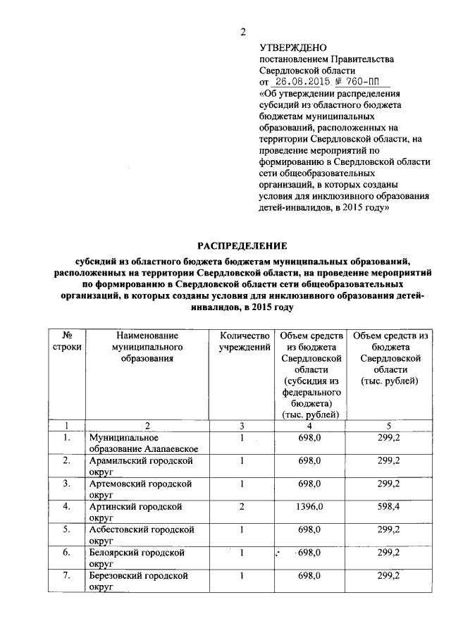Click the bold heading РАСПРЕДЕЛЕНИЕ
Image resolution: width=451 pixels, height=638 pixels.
click(x=242, y=246)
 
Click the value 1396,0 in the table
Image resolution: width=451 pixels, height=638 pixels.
click(x=309, y=506)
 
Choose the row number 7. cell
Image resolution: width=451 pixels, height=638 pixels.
click(x=66, y=575)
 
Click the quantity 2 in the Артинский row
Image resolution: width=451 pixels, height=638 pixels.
click(x=241, y=506)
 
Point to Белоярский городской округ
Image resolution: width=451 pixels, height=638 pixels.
click(x=138, y=557)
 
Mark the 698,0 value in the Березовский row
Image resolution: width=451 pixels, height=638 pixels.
click(x=309, y=575)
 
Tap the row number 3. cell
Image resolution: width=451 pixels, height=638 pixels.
click(x=66, y=483)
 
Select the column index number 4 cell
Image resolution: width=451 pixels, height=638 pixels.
click(x=309, y=426)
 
